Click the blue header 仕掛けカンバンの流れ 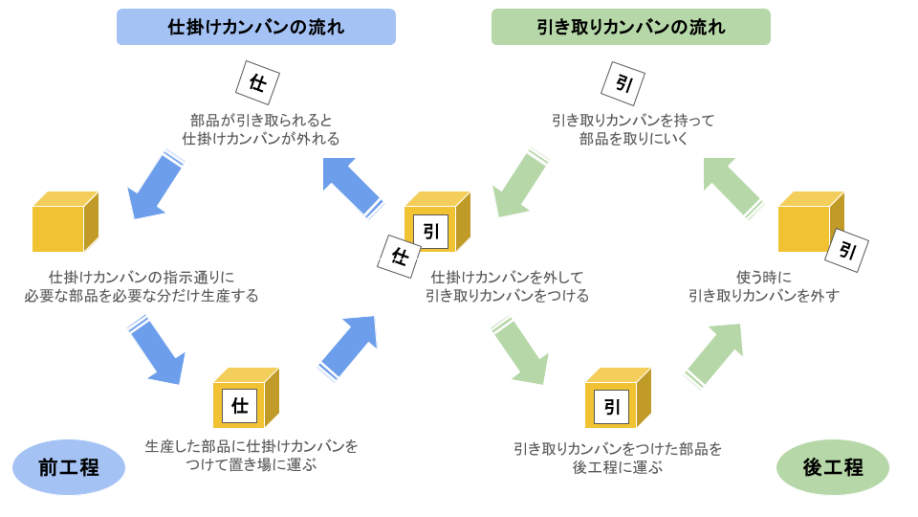click(255, 27)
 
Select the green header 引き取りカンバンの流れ click(630, 27)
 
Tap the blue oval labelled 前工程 click(69, 467)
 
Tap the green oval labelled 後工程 click(832, 467)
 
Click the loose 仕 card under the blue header click(257, 83)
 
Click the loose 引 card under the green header click(623, 83)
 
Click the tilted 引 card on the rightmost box click(846, 251)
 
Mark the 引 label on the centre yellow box click(431, 232)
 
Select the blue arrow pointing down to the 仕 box click(156, 351)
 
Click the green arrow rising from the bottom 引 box click(714, 353)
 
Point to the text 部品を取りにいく click(633, 139)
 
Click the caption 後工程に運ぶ click(617, 467)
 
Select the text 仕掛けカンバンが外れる click(261, 139)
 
